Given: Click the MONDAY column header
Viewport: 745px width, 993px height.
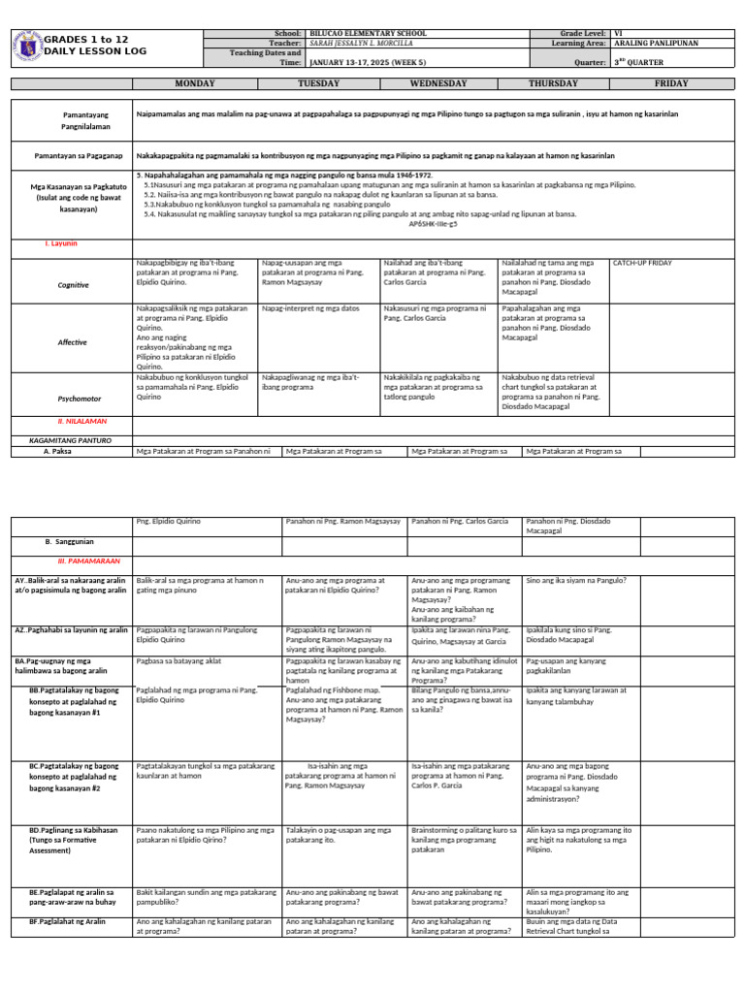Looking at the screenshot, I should tap(192, 83).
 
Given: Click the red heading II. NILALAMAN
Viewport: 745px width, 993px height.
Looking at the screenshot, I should tap(81, 422).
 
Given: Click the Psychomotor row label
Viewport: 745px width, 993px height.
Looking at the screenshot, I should tap(72, 398).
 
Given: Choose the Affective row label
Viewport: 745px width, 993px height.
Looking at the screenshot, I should tap(72, 342).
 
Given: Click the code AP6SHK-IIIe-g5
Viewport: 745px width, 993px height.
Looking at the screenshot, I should tap(434, 223).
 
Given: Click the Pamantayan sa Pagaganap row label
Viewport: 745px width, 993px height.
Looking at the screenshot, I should tap(73, 154).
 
